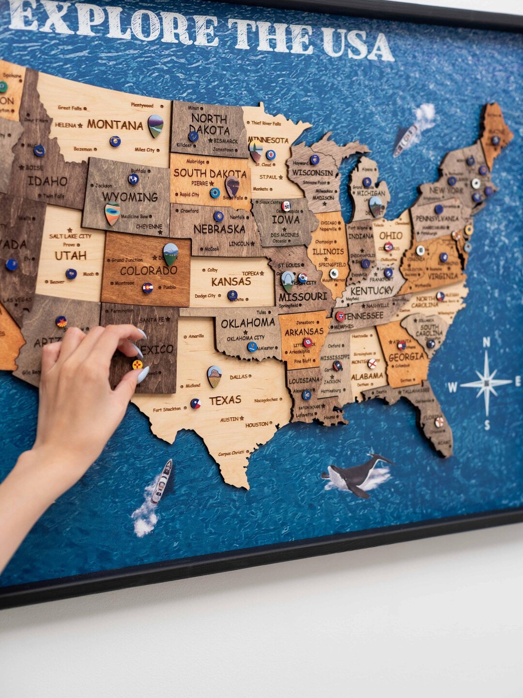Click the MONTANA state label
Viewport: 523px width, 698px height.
[x=115, y=125]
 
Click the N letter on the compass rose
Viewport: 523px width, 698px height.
[x=486, y=343]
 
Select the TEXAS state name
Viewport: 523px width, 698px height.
[x=225, y=400]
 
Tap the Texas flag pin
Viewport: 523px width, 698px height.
[x=195, y=403]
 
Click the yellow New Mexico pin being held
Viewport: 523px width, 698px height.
[x=138, y=364]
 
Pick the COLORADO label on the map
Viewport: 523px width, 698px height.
[x=148, y=270]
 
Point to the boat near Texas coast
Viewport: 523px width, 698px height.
[x=161, y=482]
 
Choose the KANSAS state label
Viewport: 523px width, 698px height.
[x=231, y=281]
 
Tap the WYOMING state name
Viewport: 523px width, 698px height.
[x=130, y=197]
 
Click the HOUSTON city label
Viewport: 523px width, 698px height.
[x=257, y=425]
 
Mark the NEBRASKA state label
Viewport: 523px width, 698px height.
[x=219, y=229]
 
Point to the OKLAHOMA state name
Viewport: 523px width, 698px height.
[x=247, y=323]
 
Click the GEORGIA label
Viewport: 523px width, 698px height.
[x=406, y=357]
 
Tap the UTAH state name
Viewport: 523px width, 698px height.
[x=70, y=255]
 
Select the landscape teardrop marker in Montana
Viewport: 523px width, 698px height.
[x=155, y=125]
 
